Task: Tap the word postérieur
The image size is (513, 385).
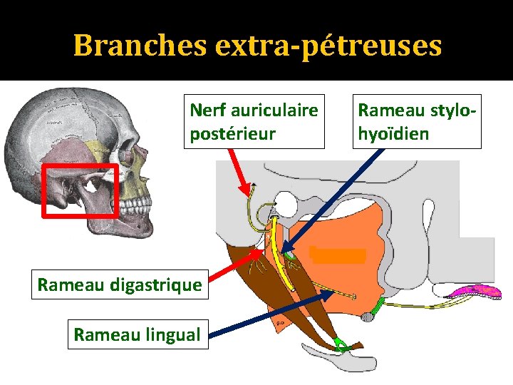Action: [x=232, y=133]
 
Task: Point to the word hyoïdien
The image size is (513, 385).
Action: [x=393, y=133]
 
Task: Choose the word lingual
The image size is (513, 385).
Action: [x=171, y=334]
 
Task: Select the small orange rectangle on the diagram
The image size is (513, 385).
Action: [x=338, y=255]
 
